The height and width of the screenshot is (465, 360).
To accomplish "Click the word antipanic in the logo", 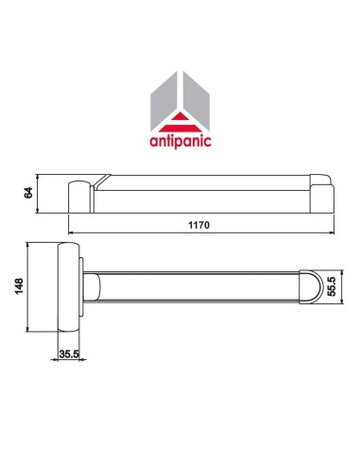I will pyautogui.click(x=180, y=145).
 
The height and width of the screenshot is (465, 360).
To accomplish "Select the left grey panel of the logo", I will pyautogui.click(x=164, y=98).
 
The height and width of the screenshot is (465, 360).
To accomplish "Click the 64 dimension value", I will pyautogui.click(x=29, y=192).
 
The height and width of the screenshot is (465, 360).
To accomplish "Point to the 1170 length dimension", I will pyautogui.click(x=197, y=226).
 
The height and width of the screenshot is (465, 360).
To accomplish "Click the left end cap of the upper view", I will pyautogui.click(x=78, y=194).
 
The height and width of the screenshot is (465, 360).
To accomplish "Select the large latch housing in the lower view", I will pyautogui.click(x=66, y=287).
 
